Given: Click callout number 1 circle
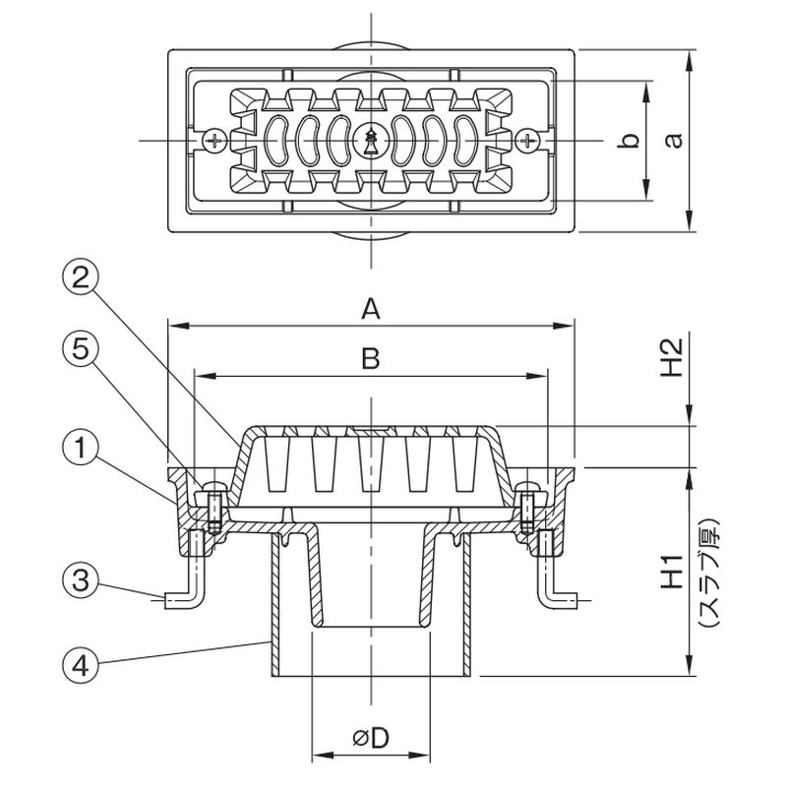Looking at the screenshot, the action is click(x=81, y=450).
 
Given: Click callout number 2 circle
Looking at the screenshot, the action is click(x=81, y=277).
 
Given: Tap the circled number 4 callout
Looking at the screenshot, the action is click(x=81, y=666).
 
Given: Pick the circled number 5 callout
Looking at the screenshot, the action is click(x=81, y=349).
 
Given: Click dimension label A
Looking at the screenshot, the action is click(x=371, y=309).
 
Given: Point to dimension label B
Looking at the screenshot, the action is click(x=371, y=359).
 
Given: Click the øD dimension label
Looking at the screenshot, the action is click(x=371, y=738).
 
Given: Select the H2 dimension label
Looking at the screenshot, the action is click(x=672, y=358).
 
